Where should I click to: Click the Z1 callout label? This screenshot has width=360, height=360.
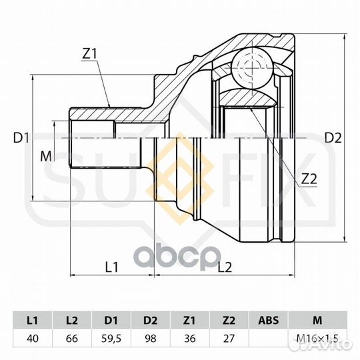[90, 54]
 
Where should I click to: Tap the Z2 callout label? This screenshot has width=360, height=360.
[309, 179]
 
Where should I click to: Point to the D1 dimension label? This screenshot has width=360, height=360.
[21, 138]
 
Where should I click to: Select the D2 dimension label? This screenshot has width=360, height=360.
[333, 138]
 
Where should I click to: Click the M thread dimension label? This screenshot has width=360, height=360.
[46, 157]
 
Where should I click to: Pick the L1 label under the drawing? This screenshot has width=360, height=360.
[111, 267]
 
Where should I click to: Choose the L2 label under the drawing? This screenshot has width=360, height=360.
[225, 267]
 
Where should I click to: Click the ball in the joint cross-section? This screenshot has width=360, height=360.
[252, 68]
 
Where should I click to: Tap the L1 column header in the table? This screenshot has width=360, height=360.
[33, 320]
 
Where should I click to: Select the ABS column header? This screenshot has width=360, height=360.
[268, 320]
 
